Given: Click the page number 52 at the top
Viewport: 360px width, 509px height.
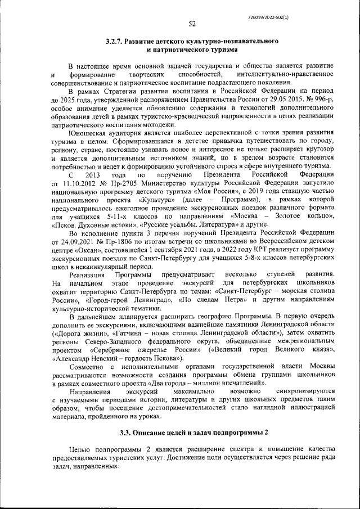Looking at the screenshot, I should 192,24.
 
